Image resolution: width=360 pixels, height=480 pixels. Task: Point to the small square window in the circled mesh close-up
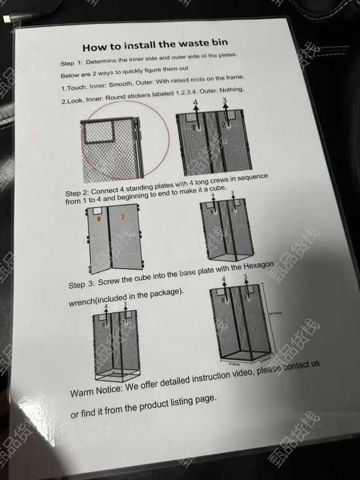100,132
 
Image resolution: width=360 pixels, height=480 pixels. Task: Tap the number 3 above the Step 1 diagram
225,100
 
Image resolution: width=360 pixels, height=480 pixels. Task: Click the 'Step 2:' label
77,193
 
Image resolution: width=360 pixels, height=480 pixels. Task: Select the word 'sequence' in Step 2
252,178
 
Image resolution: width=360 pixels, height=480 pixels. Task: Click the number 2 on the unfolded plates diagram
122,217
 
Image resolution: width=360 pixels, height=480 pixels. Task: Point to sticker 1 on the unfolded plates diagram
98,219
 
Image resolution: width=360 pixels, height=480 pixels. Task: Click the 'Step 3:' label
81,284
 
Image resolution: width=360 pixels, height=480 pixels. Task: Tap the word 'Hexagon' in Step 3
258,266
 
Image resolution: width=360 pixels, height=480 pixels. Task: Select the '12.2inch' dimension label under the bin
234,364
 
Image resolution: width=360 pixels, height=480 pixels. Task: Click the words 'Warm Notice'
97,390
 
